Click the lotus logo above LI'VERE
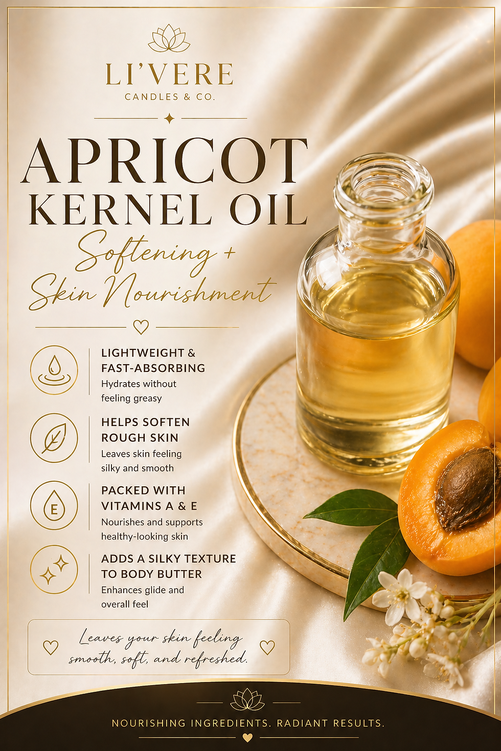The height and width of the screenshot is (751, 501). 169,38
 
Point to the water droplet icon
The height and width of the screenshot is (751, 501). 54,369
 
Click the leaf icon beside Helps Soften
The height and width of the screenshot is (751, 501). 54,438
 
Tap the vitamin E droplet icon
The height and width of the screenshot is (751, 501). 54,505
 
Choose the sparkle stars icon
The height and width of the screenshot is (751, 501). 54,570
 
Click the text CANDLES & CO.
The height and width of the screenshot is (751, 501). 169,97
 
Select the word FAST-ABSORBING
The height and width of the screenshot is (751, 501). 153,368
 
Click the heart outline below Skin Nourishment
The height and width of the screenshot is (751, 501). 141,326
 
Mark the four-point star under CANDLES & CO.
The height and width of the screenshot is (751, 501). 170,119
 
